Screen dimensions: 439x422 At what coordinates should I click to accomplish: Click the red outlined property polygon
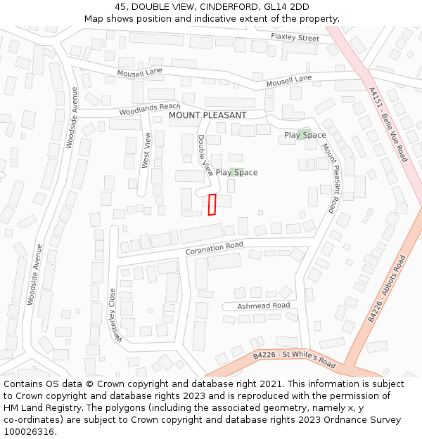[212, 205]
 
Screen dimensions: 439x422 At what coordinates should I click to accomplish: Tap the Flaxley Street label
[295, 37]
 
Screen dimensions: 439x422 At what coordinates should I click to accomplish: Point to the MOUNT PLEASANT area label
[207, 115]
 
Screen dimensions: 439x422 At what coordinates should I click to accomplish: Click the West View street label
[146, 150]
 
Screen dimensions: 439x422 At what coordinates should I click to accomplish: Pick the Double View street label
[205, 155]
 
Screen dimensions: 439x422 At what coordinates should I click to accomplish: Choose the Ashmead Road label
[263, 306]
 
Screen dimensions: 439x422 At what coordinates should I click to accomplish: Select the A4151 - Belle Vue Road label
[388, 124]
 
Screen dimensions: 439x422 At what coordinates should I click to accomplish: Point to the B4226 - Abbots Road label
[387, 288]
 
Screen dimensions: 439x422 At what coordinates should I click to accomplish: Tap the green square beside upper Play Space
[302, 134]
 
